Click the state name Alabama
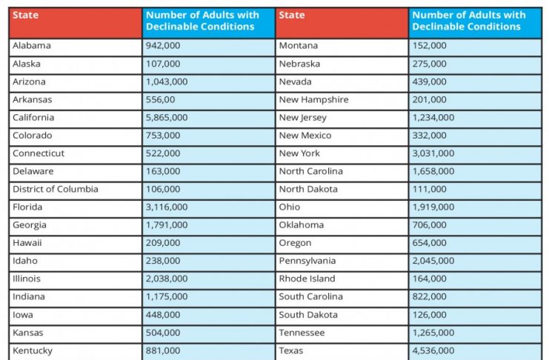click(32, 45)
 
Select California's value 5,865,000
click(167, 117)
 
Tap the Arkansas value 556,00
click(160, 99)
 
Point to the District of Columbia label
click(56, 189)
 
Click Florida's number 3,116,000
click(167, 207)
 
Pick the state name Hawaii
click(27, 243)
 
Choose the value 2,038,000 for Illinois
click(167, 279)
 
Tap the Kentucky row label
click(33, 351)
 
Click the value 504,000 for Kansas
click(163, 333)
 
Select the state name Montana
click(299, 45)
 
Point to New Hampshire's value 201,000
click(429, 99)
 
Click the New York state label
click(299, 153)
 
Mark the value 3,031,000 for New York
click(433, 153)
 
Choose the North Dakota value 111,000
click(429, 189)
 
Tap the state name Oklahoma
click(301, 225)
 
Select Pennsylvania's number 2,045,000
click(433, 261)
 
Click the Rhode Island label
click(307, 279)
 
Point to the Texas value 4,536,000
click(433, 350)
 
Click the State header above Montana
click(292, 15)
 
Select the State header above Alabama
click(25, 15)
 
